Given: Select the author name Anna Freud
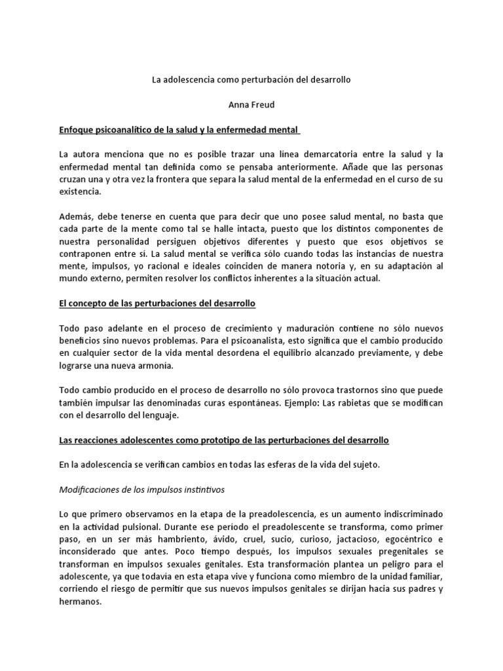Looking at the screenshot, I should (251, 104).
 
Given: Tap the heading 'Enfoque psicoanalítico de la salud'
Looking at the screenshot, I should (179, 130).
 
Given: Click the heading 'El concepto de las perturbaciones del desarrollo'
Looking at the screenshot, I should (157, 304).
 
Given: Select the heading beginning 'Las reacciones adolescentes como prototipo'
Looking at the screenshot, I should (224, 441).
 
